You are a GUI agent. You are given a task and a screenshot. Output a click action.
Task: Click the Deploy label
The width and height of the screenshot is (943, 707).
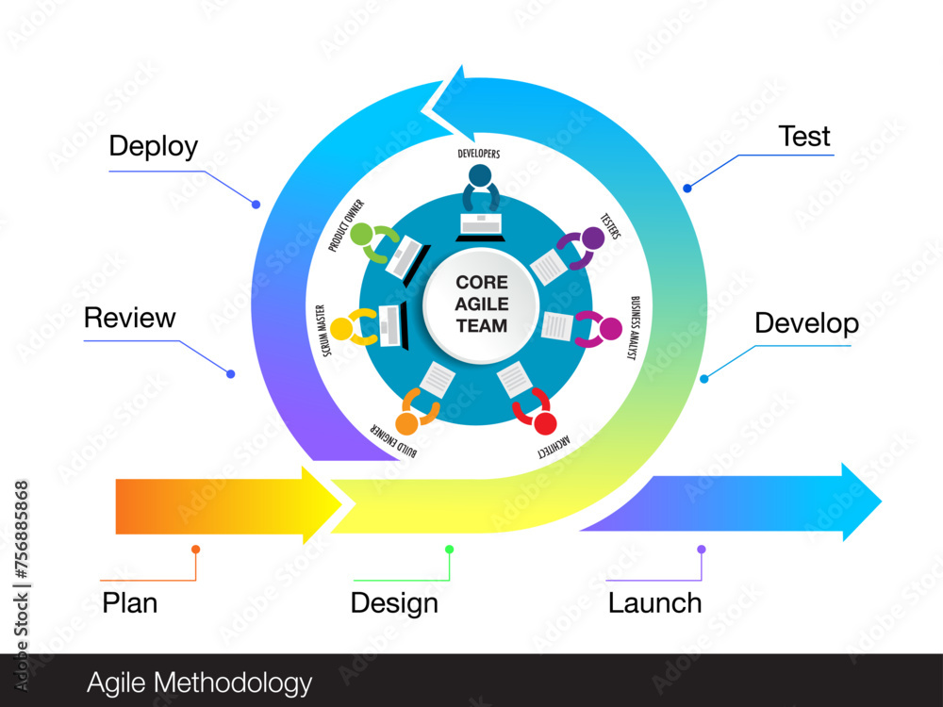154,147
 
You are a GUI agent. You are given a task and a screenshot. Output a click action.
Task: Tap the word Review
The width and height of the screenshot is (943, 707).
129,318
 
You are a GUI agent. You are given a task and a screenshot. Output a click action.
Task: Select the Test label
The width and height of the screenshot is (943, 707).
804,137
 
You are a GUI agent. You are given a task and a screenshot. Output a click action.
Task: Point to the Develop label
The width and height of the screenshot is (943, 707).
806,324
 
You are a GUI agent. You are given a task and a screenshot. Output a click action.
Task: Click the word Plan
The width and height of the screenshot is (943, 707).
129,602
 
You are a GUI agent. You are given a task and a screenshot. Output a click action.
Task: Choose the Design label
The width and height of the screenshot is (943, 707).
394,602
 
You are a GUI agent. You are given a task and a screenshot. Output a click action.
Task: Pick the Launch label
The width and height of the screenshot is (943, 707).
654,602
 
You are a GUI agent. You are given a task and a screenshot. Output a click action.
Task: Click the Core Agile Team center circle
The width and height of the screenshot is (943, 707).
481,304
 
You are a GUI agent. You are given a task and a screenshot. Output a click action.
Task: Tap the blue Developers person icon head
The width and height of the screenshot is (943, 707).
480,176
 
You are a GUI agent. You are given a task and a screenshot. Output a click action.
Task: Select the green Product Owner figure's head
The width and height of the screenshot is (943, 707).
362,235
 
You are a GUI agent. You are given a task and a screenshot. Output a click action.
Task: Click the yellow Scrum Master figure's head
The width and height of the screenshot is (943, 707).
340,327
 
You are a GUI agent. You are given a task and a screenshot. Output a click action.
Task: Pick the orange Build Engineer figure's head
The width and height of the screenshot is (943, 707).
407,423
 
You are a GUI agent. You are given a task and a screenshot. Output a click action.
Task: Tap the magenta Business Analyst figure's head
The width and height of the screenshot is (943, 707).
610,329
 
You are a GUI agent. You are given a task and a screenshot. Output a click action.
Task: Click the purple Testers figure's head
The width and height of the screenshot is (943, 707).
592,238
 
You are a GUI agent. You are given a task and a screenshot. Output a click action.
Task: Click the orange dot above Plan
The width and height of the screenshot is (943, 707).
195,549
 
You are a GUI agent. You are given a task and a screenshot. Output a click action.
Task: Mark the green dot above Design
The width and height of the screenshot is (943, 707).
450,549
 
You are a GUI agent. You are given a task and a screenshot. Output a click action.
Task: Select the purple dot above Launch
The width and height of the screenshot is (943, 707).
701,549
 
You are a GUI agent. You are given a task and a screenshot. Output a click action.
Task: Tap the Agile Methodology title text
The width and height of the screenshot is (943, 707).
199,682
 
